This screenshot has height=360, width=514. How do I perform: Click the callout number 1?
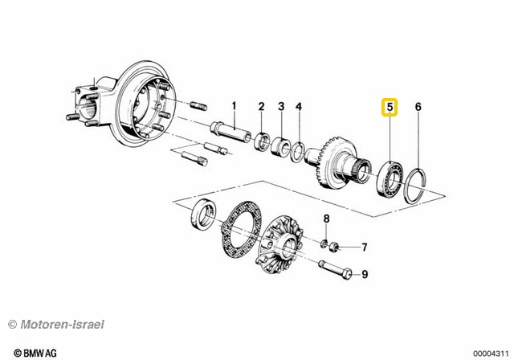235,106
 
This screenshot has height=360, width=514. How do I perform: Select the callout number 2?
261,107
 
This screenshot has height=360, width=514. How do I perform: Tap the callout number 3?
281,107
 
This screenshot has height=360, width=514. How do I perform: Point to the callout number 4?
298,107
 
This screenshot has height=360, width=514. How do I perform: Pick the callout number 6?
418,107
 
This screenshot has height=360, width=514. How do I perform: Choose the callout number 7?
363,247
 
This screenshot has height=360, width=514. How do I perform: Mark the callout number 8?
326,219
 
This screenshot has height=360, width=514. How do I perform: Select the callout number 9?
363,275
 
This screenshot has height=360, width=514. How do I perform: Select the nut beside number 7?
337,245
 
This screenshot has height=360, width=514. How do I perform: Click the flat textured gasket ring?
237,228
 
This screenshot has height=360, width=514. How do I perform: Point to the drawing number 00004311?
489,352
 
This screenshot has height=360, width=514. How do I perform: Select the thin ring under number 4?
298,150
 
